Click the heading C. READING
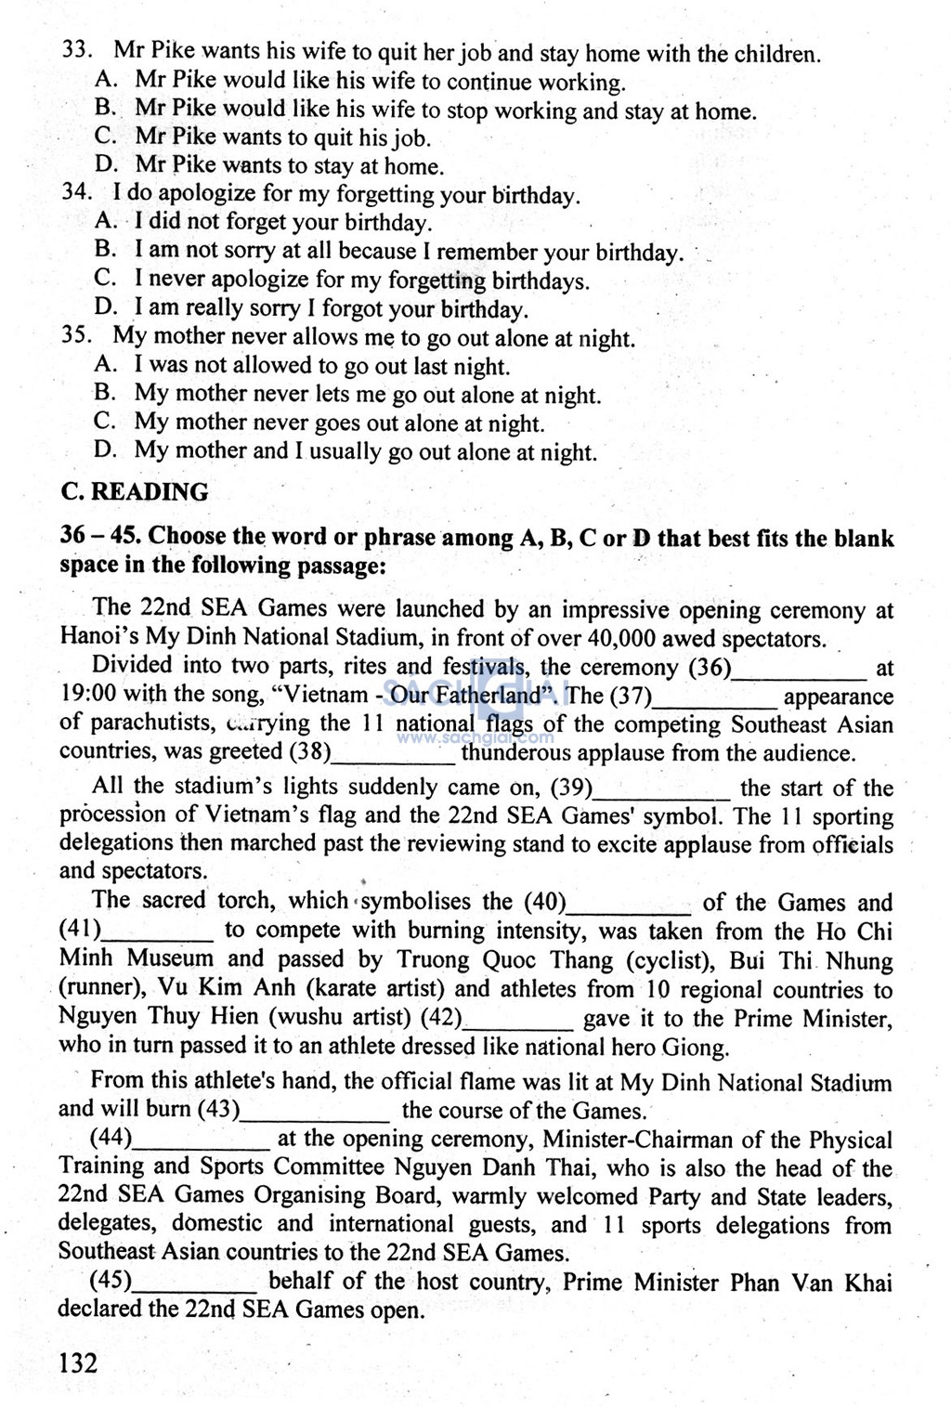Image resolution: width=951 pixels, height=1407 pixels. pyautogui.click(x=134, y=492)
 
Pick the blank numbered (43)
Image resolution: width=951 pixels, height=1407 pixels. pyautogui.click(x=315, y=1111)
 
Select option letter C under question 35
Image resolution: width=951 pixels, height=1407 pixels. pyautogui.click(x=105, y=422)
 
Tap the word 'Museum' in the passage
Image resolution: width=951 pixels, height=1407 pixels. pyautogui.click(x=170, y=960)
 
